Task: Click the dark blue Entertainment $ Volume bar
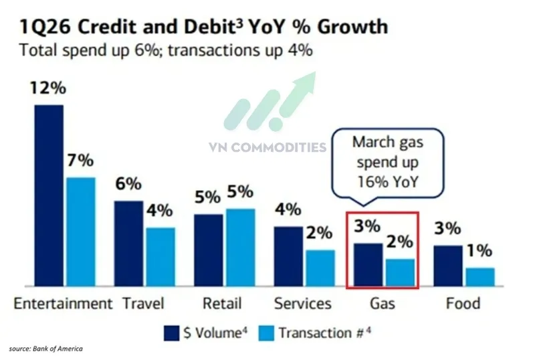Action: pos(49,196)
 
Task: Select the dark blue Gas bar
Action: pos(368,265)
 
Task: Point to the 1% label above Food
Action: pos(479,252)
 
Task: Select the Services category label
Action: pos(303,303)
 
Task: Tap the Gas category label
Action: pos(383,303)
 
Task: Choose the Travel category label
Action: pos(144,303)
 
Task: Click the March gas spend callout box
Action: pos(388,162)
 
